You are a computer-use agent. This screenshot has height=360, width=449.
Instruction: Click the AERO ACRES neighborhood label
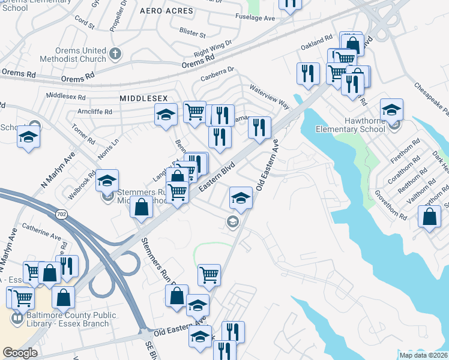(167, 11)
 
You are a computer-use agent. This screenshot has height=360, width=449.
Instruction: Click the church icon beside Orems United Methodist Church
(115, 55)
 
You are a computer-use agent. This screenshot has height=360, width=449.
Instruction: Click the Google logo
(20, 353)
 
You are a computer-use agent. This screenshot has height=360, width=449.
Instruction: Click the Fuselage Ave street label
(255, 19)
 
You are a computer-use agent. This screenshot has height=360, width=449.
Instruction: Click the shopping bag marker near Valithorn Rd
(430, 217)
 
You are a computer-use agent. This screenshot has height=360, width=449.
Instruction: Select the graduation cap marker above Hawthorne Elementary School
(391, 109)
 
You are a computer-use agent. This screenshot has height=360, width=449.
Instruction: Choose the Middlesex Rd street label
(65, 95)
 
